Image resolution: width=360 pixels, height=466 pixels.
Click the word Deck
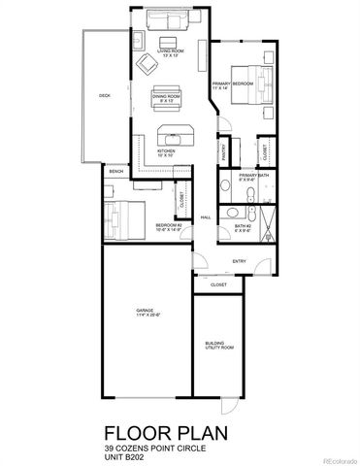(103, 95)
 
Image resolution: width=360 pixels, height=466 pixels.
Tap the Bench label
(116, 172)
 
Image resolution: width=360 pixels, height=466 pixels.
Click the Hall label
(206, 218)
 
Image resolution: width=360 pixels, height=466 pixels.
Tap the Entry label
(239, 261)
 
